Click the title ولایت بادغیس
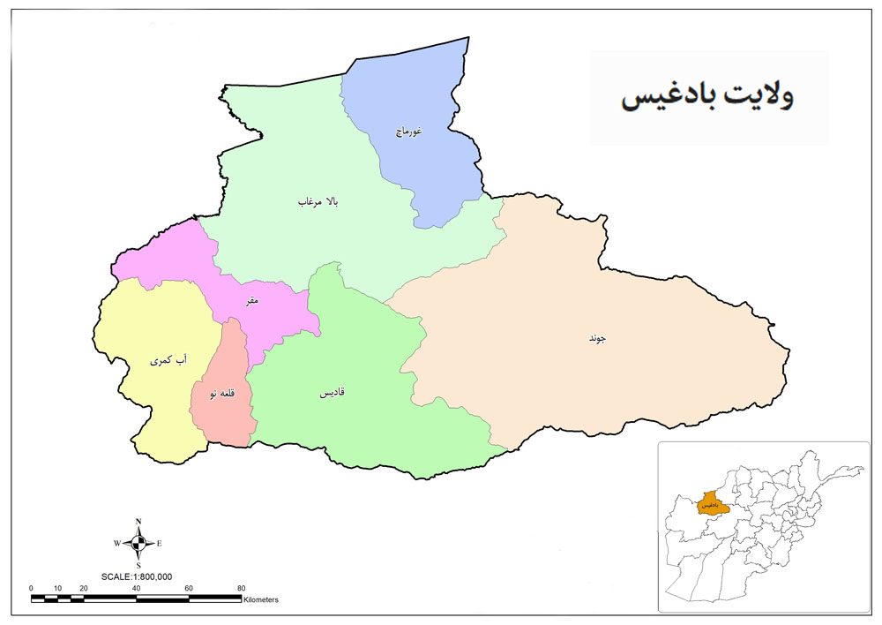(x=707, y=97)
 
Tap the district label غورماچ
(x=408, y=132)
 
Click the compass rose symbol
(x=138, y=543)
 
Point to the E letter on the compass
(x=160, y=543)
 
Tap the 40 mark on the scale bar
(x=137, y=588)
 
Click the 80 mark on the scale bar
(x=242, y=588)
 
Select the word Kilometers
(x=261, y=599)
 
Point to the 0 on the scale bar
(x=31, y=588)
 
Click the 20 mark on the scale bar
(x=84, y=588)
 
